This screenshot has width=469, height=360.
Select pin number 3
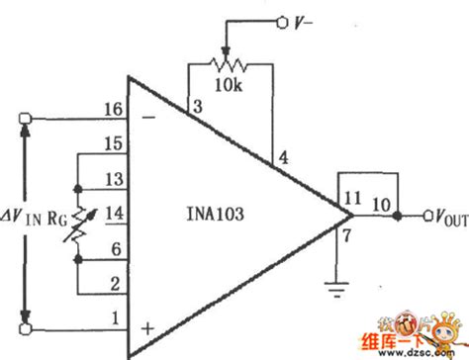(197, 106)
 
